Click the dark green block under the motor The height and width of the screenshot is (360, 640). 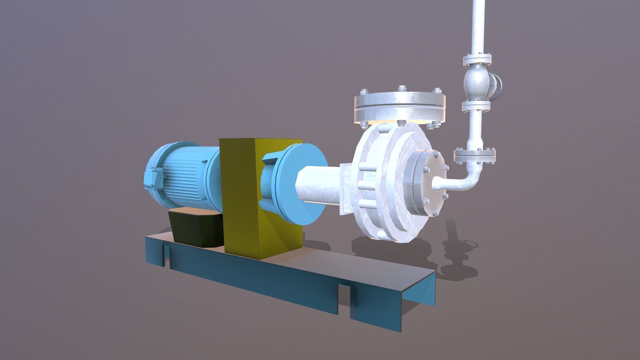tap(193, 227)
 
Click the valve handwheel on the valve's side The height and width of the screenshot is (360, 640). tap(497, 87)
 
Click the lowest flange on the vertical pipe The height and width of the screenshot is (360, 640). tap(475, 155)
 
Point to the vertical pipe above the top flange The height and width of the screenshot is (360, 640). tap(478, 27)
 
